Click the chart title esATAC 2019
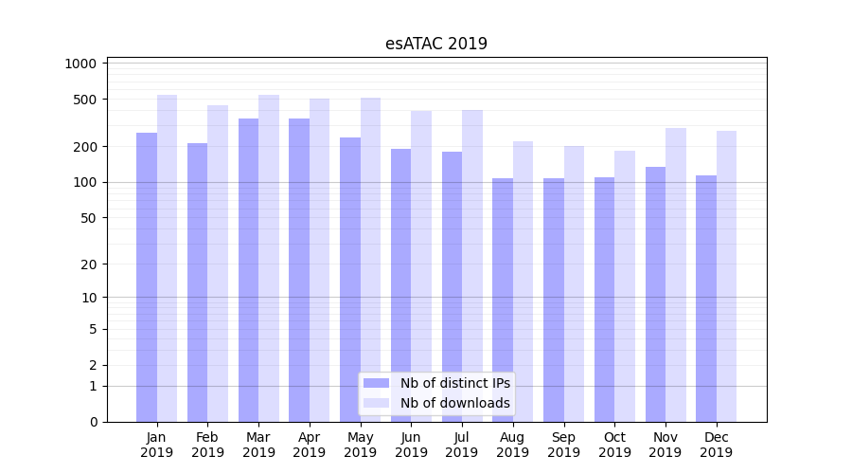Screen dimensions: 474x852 point(436,44)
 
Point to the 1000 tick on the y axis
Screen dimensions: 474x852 point(81,64)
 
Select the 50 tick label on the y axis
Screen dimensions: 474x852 point(89,218)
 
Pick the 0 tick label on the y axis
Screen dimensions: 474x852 point(93,422)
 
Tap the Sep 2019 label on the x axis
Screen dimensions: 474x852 point(563,445)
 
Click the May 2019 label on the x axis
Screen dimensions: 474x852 point(361,445)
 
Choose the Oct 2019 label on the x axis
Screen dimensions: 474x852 point(614,445)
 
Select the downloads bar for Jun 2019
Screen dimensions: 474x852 point(421,266)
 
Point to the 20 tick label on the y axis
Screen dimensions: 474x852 point(89,264)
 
